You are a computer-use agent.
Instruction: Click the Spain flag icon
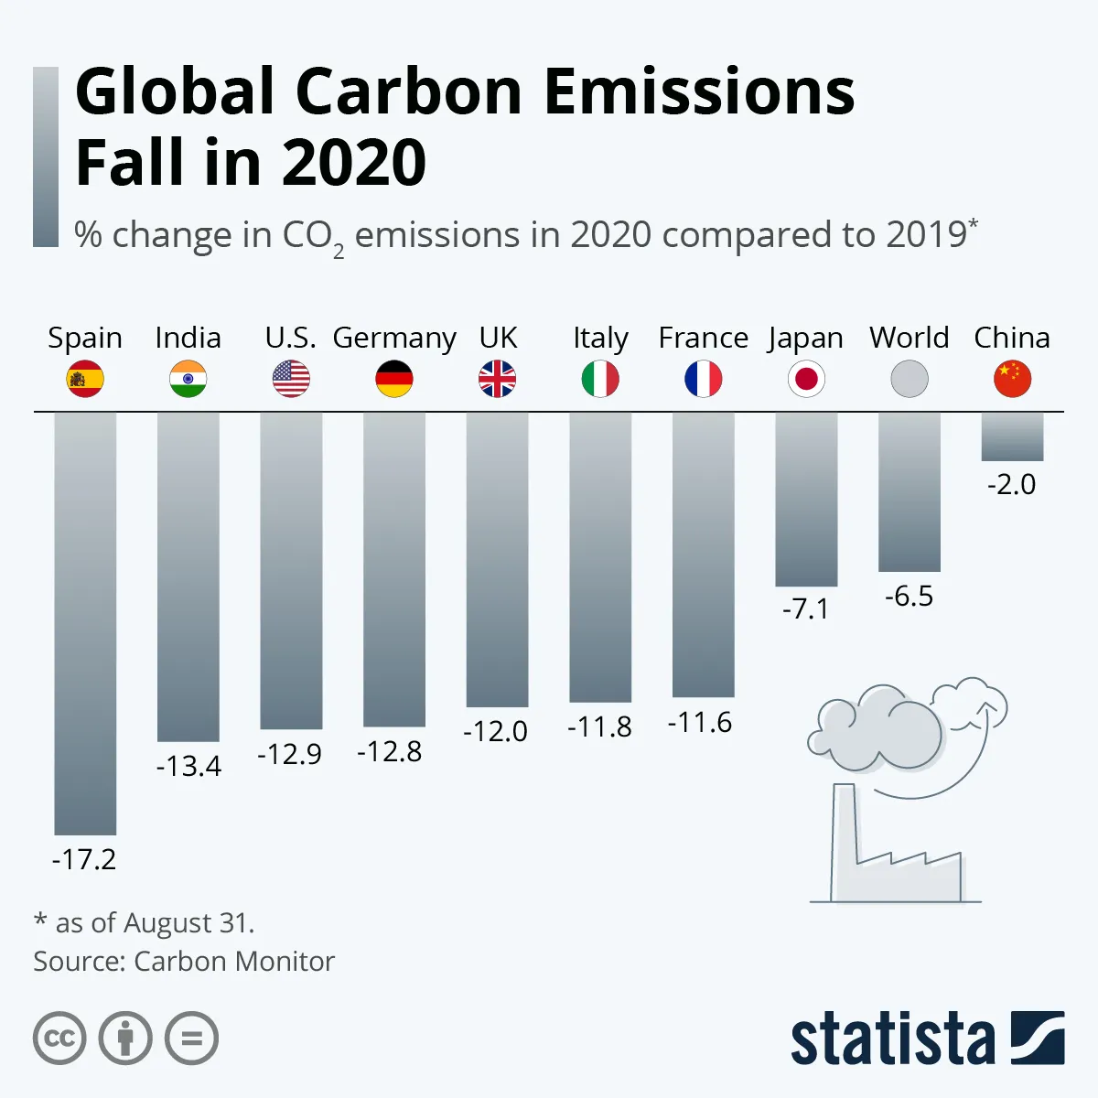85,379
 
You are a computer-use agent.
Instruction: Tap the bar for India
188,576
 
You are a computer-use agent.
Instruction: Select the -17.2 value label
84,859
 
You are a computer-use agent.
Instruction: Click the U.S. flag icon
291,379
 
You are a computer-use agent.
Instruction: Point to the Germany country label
394,338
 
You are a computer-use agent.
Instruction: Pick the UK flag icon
497,379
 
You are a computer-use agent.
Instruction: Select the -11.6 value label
700,723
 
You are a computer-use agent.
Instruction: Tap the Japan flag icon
806,379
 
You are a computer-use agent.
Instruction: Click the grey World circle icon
910,379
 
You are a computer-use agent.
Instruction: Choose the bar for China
1012,436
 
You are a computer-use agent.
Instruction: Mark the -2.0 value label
1012,484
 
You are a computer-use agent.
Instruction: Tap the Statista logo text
892,1039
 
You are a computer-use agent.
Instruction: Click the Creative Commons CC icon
59,1039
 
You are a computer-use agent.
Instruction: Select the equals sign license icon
192,1039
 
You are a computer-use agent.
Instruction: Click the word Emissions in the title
699,91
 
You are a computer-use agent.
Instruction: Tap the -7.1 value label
806,608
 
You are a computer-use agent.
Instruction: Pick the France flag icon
704,379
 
